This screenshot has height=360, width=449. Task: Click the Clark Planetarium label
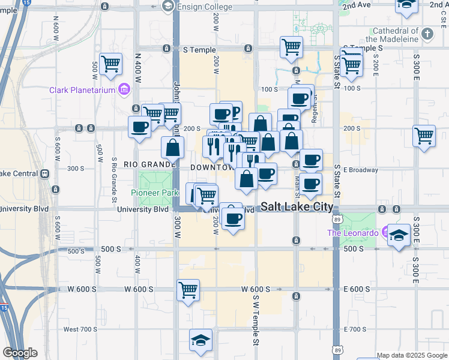[83, 91]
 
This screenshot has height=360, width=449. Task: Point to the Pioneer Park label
[155, 193]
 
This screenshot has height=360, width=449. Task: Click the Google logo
[20, 353]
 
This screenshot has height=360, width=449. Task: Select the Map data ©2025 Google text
[412, 355]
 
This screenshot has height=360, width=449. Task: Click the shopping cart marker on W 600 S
[188, 290]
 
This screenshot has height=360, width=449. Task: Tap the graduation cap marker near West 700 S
[200, 340]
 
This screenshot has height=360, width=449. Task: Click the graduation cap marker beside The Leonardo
[399, 235]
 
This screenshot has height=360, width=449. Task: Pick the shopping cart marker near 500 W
[111, 63]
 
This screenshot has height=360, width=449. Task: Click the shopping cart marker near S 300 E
[424, 135]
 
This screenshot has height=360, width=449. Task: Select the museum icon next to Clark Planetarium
[124, 90]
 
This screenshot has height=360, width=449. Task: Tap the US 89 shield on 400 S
[338, 220]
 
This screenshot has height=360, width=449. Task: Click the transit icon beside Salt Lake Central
[44, 174]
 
